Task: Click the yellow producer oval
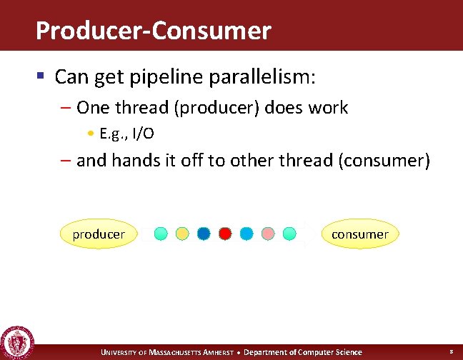(x=99, y=234)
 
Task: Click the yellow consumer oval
(x=359, y=234)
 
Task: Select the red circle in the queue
(x=225, y=234)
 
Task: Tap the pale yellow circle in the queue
(x=182, y=234)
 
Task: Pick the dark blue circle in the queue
(x=204, y=234)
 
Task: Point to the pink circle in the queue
(x=268, y=234)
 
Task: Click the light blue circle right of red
(x=247, y=234)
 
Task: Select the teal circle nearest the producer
(x=161, y=234)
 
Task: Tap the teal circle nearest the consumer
(x=289, y=234)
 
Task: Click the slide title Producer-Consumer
(x=153, y=31)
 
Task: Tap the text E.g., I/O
(x=127, y=134)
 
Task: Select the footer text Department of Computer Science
(x=303, y=352)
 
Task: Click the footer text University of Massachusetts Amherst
(x=166, y=352)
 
